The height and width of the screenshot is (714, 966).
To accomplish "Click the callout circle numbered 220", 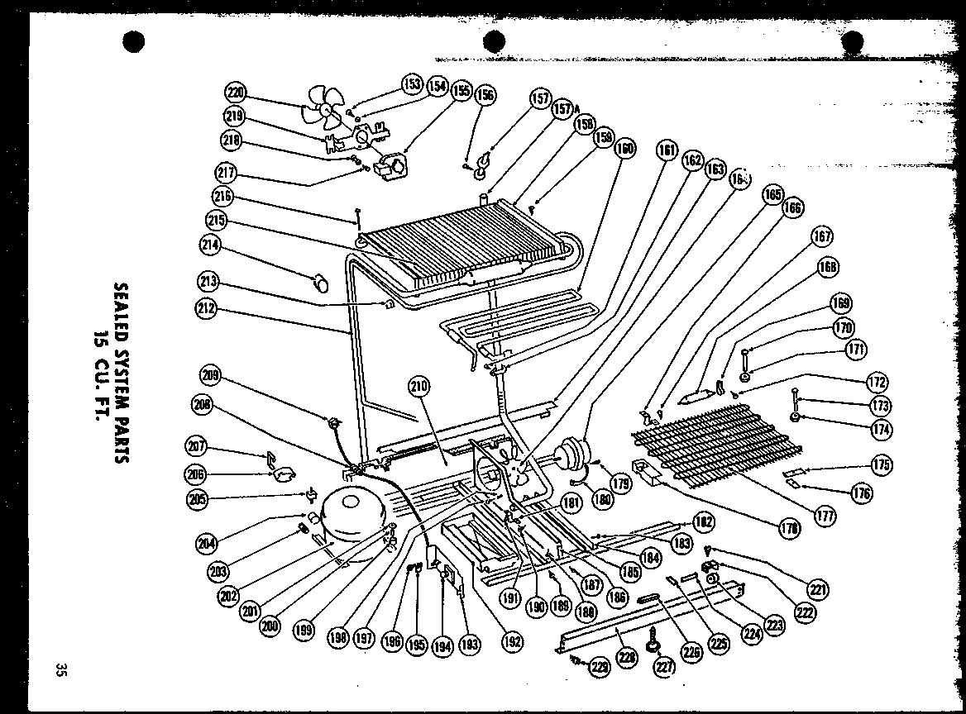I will [236, 92].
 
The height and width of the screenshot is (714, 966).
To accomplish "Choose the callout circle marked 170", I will [844, 328].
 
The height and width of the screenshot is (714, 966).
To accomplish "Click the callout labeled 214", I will [210, 245].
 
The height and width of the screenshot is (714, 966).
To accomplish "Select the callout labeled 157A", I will [564, 108].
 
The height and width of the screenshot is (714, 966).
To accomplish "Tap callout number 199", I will [304, 631].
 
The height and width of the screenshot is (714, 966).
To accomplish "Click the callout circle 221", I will [818, 590].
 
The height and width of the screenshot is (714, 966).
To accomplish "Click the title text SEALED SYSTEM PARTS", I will [122, 372].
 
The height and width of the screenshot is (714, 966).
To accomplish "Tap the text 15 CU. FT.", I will [99, 372].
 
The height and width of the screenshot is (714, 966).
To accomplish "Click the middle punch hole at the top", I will [494, 40].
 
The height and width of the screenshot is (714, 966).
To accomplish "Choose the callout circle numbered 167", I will [821, 236].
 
